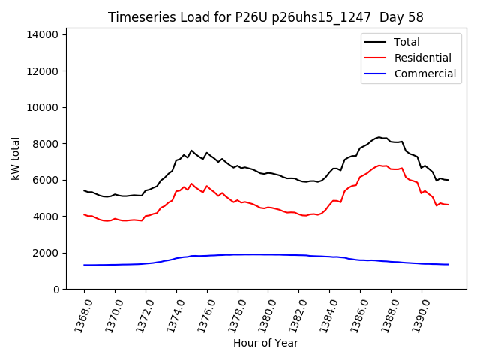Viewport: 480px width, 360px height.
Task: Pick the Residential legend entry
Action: (422, 58)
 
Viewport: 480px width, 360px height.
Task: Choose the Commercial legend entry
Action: (424, 73)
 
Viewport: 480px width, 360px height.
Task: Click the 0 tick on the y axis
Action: (57, 289)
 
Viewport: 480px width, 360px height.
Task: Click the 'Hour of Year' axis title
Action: (265, 343)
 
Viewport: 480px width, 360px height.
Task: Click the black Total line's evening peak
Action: (379, 137)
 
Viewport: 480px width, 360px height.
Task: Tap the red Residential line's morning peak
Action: (191, 183)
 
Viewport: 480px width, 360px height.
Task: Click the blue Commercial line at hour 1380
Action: (268, 254)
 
